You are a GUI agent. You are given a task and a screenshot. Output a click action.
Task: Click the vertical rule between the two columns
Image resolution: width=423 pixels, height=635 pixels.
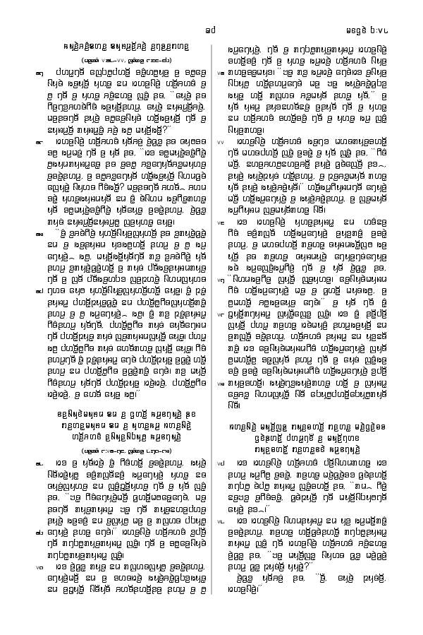pos(213,318)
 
